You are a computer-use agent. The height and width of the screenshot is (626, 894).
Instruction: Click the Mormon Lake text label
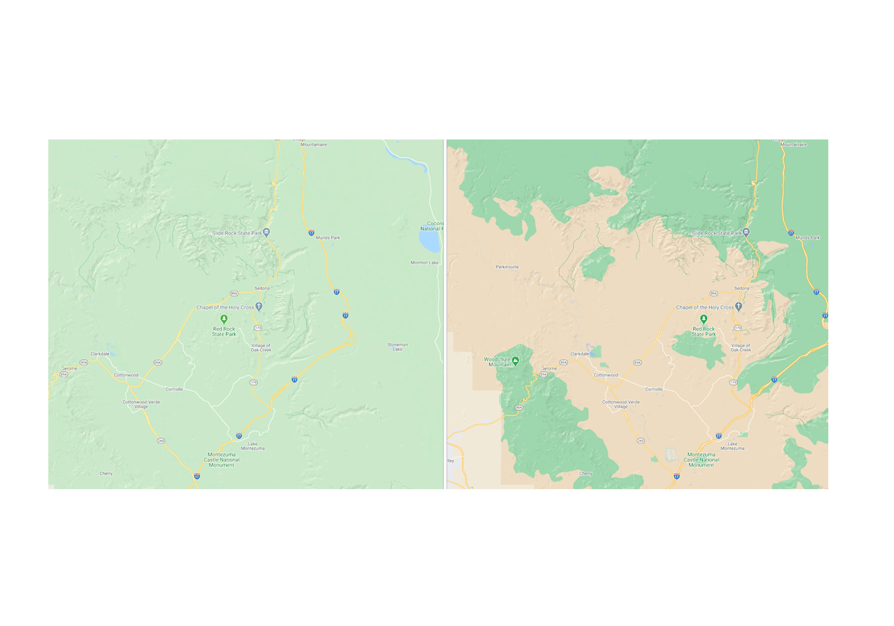tap(424, 262)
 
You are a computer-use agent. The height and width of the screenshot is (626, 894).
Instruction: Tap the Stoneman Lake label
tap(397, 347)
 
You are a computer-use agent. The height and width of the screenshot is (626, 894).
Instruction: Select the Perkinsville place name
tap(507, 267)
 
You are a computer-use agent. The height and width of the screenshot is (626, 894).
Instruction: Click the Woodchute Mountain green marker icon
tap(515, 360)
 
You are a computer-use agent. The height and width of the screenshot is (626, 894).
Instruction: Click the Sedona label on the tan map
tap(742, 288)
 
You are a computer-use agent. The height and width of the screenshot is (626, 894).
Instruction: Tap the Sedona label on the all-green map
tap(262, 288)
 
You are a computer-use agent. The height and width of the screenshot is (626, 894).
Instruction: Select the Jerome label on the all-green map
tap(69, 368)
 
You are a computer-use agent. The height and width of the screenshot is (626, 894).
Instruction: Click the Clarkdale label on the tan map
tap(579, 354)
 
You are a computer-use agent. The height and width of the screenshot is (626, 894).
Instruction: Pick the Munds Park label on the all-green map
tap(328, 238)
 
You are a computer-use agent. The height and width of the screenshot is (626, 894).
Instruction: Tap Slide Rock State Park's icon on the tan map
tap(746, 232)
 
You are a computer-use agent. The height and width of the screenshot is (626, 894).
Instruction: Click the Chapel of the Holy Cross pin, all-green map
tap(259, 306)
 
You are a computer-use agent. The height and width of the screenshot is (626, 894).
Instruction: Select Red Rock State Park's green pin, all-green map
tap(224, 319)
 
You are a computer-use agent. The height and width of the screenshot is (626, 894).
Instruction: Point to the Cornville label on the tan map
tap(654, 389)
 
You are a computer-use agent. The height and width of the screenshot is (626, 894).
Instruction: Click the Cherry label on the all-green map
tap(106, 474)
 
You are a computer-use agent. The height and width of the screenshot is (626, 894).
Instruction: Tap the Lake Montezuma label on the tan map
tap(732, 446)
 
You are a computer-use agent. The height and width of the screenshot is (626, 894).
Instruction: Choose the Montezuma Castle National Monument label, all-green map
tap(222, 460)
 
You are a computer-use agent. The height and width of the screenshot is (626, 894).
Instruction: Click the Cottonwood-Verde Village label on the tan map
tap(621, 404)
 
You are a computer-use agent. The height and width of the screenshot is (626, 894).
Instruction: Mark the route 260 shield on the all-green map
tap(161, 441)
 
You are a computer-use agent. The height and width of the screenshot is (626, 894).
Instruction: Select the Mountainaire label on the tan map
tap(793, 144)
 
